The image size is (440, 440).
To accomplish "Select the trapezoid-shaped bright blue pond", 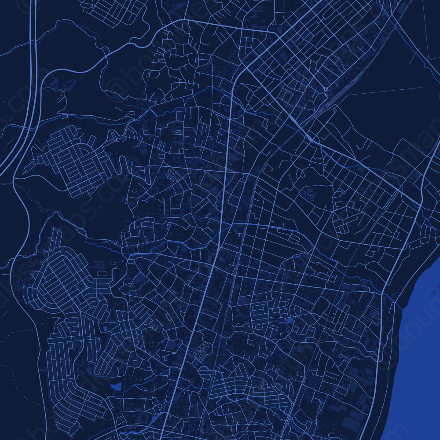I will [116, 386].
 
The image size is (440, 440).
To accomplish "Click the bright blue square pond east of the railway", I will [289, 321].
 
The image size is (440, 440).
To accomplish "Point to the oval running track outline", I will [102, 273].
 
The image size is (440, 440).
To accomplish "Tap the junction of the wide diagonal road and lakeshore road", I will [420, 205].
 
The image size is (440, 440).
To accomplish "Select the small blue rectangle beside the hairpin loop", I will [132, 164].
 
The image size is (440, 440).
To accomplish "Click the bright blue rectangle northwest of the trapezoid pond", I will [104, 328].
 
